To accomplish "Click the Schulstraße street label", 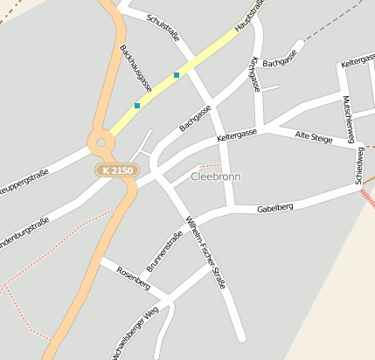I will click(x=163, y=27).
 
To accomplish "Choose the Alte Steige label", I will click(x=314, y=137).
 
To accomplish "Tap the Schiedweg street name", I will click(x=360, y=164).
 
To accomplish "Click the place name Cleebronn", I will click(x=216, y=177).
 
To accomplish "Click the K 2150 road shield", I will click(x=116, y=170).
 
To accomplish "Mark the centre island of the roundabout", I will click(x=101, y=142).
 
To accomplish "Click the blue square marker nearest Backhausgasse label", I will click(x=137, y=106).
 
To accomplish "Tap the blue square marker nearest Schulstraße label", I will click(x=177, y=75).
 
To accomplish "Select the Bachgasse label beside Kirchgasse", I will click(x=280, y=63).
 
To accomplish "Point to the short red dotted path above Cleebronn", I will click(x=210, y=164).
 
